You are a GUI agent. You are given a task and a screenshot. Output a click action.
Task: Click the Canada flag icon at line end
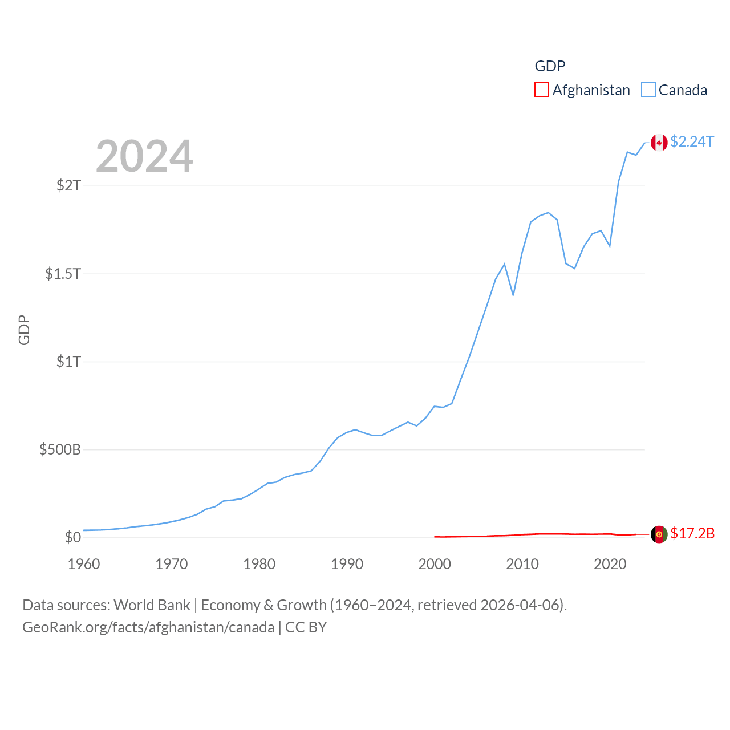[659, 143]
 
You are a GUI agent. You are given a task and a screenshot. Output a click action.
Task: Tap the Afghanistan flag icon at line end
[659, 534]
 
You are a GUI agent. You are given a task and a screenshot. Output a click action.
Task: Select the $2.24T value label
[692, 141]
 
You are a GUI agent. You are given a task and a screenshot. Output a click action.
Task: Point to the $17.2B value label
[692, 533]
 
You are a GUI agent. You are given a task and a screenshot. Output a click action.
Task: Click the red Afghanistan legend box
[541, 90]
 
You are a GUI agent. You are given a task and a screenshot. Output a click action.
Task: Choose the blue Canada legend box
[648, 90]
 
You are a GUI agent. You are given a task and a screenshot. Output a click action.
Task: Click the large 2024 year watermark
[144, 156]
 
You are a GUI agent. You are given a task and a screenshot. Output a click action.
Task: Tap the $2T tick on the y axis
[68, 185]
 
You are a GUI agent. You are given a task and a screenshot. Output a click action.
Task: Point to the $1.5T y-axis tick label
[63, 274]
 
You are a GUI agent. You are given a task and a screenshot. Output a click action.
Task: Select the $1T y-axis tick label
[68, 362]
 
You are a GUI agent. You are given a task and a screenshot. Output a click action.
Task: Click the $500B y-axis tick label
[60, 449]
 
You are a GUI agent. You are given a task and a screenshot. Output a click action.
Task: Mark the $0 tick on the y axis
[73, 537]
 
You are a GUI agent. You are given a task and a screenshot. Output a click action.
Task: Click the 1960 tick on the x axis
[84, 564]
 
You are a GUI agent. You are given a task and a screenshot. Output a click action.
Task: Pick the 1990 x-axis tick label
[347, 564]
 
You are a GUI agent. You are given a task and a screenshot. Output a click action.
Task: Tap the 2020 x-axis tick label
[610, 564]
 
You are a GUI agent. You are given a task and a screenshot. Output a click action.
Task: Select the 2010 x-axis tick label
[522, 564]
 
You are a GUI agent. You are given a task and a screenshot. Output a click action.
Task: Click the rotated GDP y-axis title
[24, 330]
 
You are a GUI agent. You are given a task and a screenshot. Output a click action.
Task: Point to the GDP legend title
[550, 66]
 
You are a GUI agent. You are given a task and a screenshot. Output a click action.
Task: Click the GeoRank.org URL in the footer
[148, 627]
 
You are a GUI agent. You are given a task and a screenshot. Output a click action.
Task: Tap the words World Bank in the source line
[152, 605]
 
